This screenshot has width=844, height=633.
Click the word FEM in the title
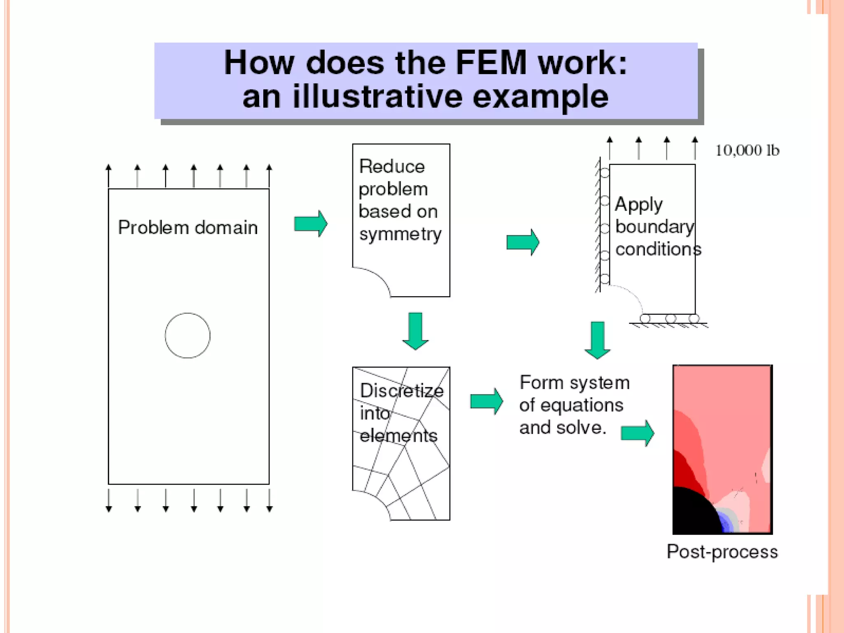(491, 63)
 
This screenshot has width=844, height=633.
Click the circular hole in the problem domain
(188, 335)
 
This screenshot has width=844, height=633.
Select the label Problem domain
(188, 227)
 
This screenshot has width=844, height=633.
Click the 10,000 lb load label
(747, 150)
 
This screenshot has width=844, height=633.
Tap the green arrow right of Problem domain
(311, 224)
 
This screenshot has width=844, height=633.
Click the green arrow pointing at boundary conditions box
(523, 242)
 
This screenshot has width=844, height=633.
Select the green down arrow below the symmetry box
(415, 331)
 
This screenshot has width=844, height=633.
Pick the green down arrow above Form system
(597, 340)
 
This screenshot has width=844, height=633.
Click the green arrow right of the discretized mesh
(487, 401)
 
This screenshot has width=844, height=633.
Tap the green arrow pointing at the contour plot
(638, 433)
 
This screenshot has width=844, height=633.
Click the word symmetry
(400, 234)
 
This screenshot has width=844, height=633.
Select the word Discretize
(401, 391)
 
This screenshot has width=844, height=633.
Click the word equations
(582, 406)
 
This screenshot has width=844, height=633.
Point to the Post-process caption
(722, 551)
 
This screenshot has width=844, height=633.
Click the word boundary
(654, 227)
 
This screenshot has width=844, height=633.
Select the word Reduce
(392, 166)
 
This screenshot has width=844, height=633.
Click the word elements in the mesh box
(398, 436)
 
